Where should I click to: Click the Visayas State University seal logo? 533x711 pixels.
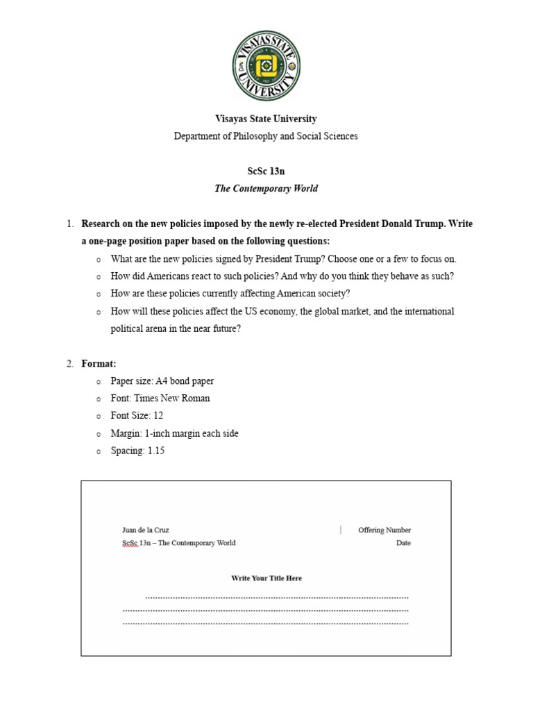coord(266,66)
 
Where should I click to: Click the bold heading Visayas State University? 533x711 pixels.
coord(266,119)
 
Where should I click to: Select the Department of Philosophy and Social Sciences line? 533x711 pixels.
coord(266,136)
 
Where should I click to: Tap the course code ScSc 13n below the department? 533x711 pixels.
coord(266,171)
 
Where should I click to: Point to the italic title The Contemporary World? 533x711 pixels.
coord(266,188)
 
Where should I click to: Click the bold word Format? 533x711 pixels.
coord(99,363)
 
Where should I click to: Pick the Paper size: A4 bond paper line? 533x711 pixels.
coord(162,381)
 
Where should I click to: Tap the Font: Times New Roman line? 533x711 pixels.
coord(160,399)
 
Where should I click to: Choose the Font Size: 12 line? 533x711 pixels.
coord(137,416)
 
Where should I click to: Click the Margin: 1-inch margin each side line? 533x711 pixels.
coord(174,433)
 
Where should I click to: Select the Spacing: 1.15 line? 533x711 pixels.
coord(137,451)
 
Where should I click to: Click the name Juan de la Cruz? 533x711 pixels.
coord(145,530)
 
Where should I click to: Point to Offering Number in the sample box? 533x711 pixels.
coord(384,530)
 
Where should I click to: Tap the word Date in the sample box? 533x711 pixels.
coord(403,543)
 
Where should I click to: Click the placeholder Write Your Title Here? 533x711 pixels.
coord(266,578)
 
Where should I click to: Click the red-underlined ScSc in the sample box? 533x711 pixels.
coord(129,543)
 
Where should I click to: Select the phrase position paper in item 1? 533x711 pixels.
coord(153,241)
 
